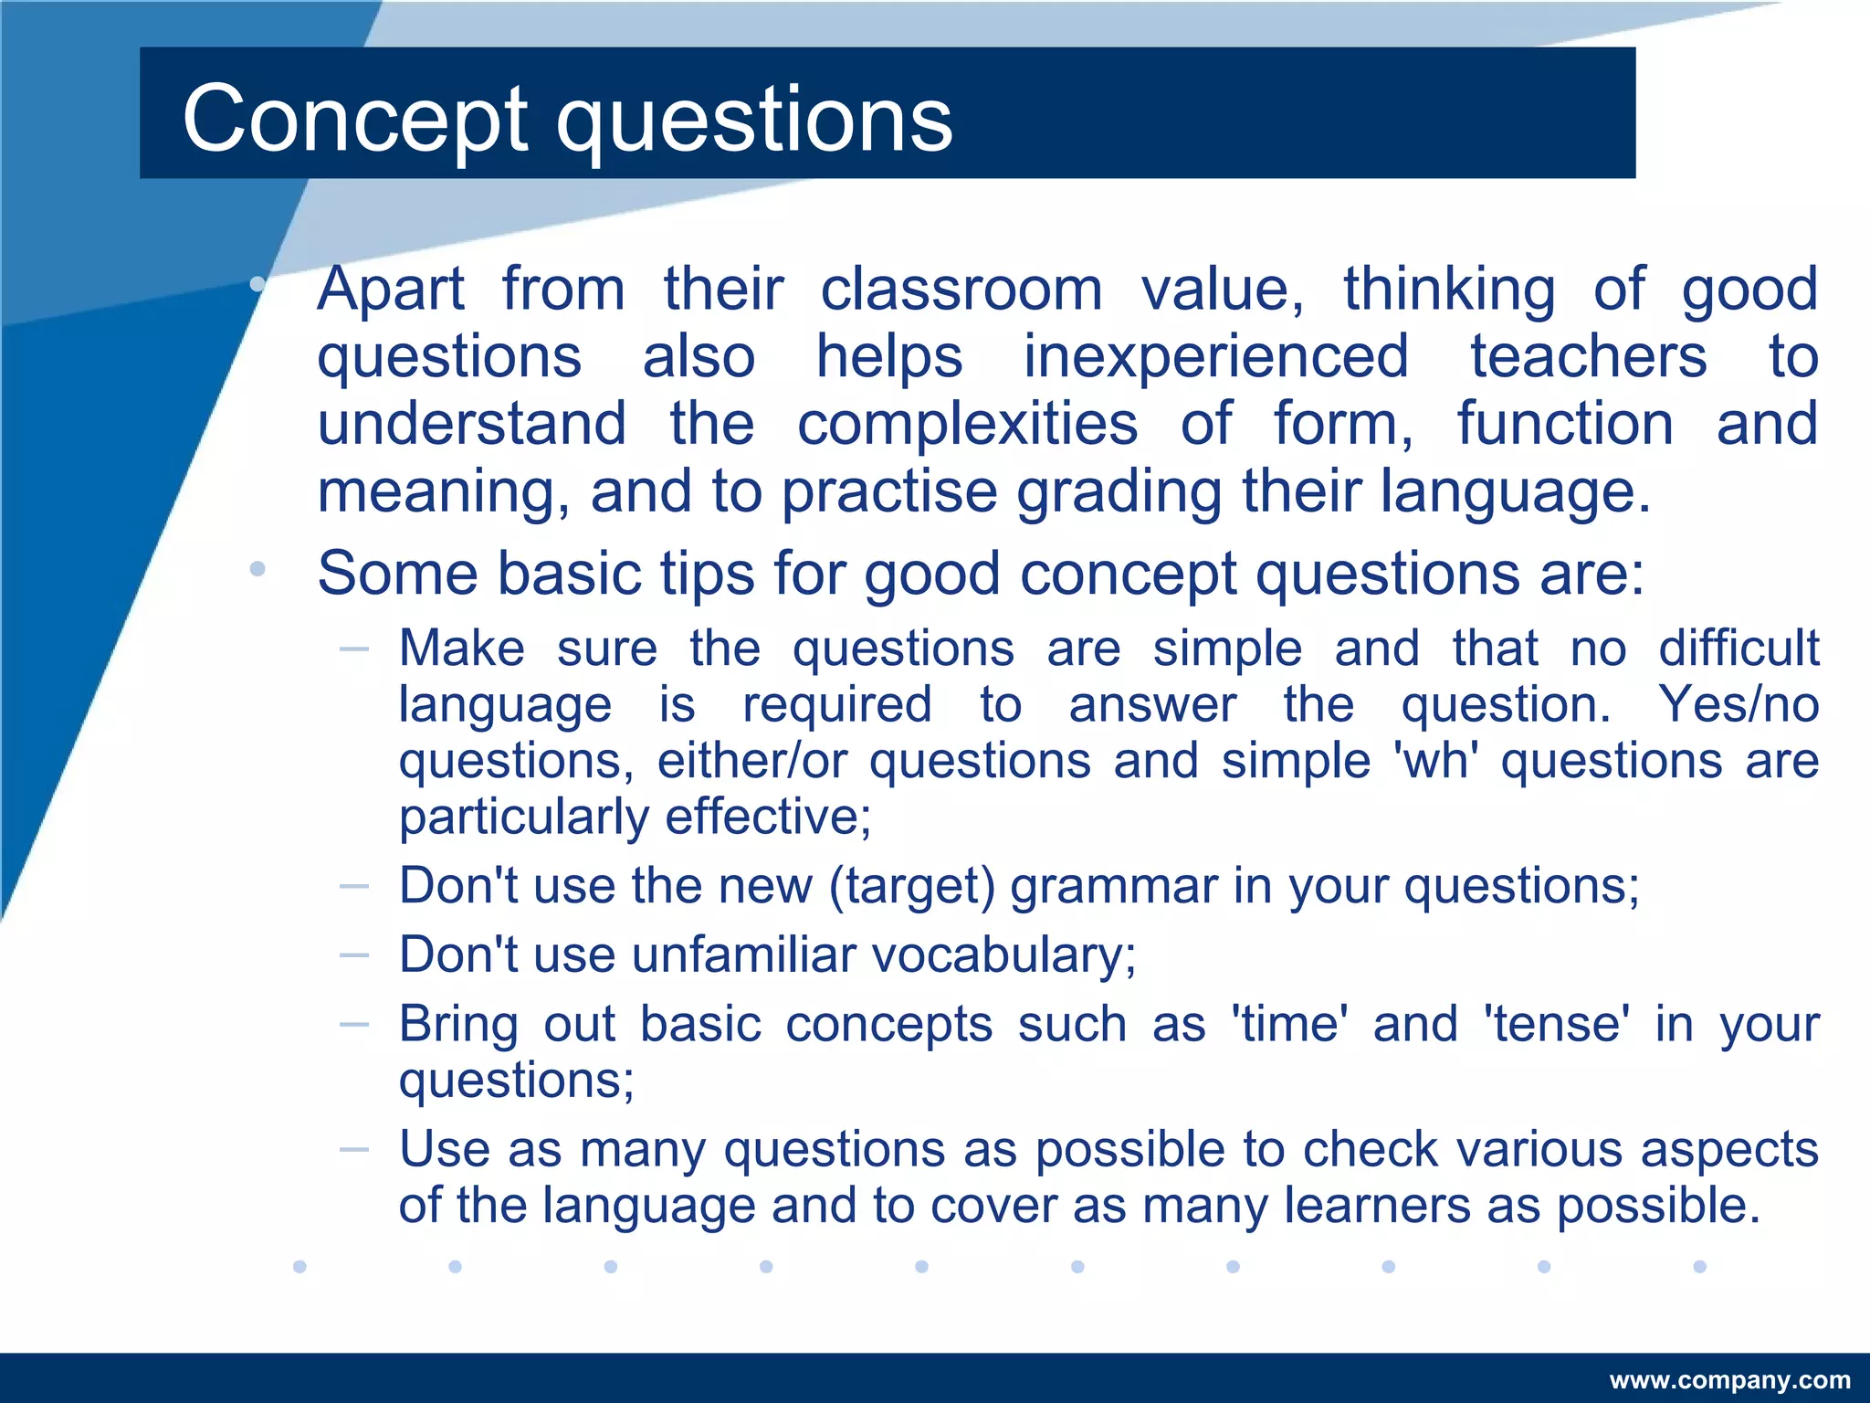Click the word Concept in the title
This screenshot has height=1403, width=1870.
355,120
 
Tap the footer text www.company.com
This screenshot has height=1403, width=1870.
1729,1380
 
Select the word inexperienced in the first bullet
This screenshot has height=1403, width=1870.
1215,356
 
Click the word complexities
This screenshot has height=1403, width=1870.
967,424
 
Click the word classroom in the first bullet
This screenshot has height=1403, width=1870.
961,290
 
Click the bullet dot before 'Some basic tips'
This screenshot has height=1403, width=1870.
257,569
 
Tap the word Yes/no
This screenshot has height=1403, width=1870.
1738,704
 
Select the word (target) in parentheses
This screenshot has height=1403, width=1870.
911,886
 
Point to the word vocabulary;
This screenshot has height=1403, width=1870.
1004,956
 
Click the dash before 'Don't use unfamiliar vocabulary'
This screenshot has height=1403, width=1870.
353,955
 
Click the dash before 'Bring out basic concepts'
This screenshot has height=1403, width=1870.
353,1025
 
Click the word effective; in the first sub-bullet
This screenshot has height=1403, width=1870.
768,817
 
